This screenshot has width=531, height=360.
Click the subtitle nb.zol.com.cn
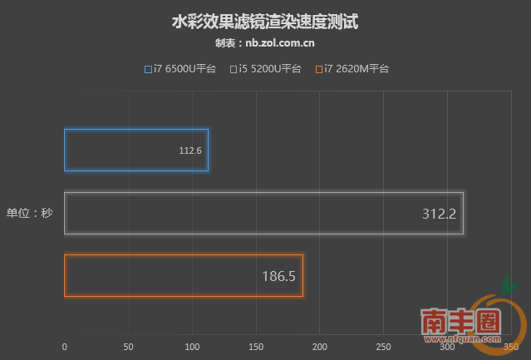[265, 43]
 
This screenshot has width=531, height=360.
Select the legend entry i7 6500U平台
[180, 69]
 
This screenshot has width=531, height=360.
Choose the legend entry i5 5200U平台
[266, 69]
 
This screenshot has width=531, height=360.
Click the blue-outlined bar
[136, 150]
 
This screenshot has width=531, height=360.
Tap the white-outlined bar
[263, 214]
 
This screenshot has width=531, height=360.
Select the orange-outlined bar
[184, 276]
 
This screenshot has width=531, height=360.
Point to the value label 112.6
[190, 151]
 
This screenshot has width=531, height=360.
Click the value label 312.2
[439, 214]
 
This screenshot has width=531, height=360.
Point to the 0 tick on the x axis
[65, 347]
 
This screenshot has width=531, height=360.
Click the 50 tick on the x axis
[128, 347]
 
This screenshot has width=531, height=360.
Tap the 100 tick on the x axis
[192, 347]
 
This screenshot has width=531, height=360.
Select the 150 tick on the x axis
[256, 347]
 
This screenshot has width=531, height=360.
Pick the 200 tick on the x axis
[319, 347]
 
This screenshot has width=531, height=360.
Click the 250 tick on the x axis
[383, 347]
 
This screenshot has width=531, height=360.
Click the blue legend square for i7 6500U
[148, 69]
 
